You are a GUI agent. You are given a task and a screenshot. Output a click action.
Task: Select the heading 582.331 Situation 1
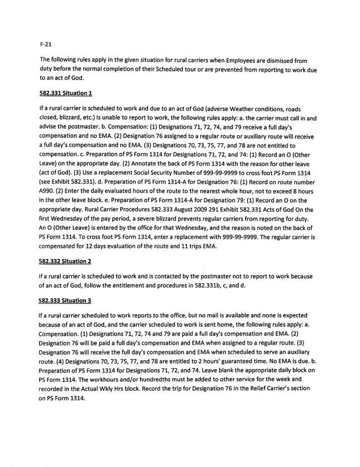pyautogui.click(x=66, y=93)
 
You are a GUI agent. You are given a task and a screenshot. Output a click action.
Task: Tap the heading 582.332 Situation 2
pyautogui.click(x=66, y=261)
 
